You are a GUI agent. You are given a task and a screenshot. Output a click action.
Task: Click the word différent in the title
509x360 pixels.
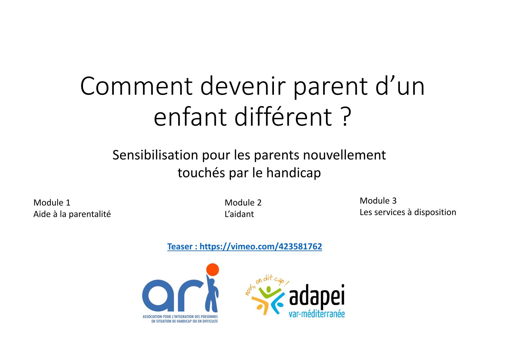[283, 117]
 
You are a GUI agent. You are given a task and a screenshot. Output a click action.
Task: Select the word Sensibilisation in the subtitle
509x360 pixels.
[155, 155]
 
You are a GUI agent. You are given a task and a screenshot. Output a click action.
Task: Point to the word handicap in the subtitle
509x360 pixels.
[294, 173]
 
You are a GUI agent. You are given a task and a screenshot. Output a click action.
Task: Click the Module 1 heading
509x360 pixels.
[52, 202]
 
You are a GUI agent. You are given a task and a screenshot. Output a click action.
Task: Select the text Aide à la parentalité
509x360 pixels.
[72, 214]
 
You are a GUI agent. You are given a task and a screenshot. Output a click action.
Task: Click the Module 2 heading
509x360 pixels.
[243, 202]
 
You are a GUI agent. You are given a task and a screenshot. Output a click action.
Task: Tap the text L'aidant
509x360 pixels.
[239, 214]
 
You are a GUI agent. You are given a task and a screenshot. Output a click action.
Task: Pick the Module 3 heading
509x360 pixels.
[378, 201]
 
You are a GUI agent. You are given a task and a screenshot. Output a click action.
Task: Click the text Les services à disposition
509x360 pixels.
[408, 212]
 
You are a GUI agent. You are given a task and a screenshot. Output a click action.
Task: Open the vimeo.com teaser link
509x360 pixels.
[245, 246]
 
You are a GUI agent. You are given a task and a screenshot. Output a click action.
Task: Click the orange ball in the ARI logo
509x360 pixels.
[212, 270]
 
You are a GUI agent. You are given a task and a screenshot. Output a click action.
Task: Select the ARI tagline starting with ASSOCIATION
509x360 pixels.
[180, 319]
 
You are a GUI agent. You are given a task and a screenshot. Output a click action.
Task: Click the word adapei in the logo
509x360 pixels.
[317, 296]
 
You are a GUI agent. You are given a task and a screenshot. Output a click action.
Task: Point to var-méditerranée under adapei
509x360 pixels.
[317, 314]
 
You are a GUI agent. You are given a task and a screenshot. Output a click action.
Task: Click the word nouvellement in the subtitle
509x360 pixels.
[344, 155]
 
